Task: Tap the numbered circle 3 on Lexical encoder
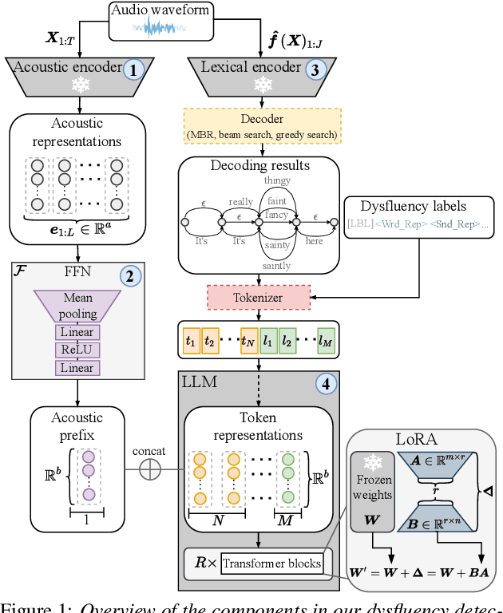click(x=317, y=69)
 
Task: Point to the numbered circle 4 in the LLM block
click(x=324, y=384)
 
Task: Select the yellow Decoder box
click(x=263, y=125)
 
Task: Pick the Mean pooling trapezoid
click(x=77, y=306)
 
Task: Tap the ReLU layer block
click(x=77, y=350)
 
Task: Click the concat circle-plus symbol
click(x=149, y=471)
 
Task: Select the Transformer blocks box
click(x=273, y=564)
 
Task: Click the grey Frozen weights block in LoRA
click(x=373, y=491)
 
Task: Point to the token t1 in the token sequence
click(x=190, y=341)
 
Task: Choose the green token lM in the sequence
click(x=326, y=341)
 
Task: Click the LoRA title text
click(x=416, y=439)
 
